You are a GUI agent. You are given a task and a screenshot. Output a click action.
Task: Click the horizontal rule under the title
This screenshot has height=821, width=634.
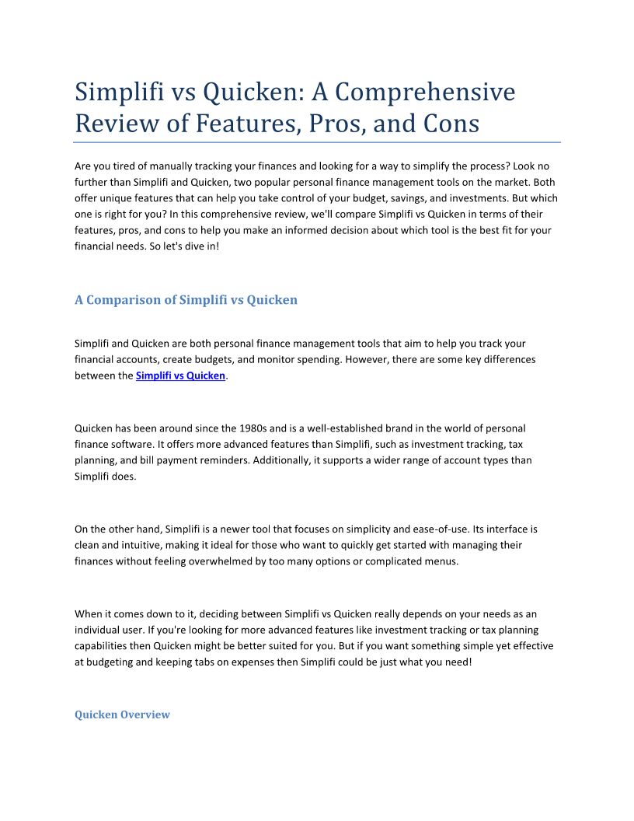pos(317,142)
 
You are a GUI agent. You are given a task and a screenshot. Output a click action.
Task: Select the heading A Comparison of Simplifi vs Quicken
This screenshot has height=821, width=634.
pos(186,299)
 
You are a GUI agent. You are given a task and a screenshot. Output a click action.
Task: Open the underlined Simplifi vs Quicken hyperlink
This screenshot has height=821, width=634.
pos(180,376)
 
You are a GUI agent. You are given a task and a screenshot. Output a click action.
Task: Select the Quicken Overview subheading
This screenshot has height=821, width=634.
pos(122,714)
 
